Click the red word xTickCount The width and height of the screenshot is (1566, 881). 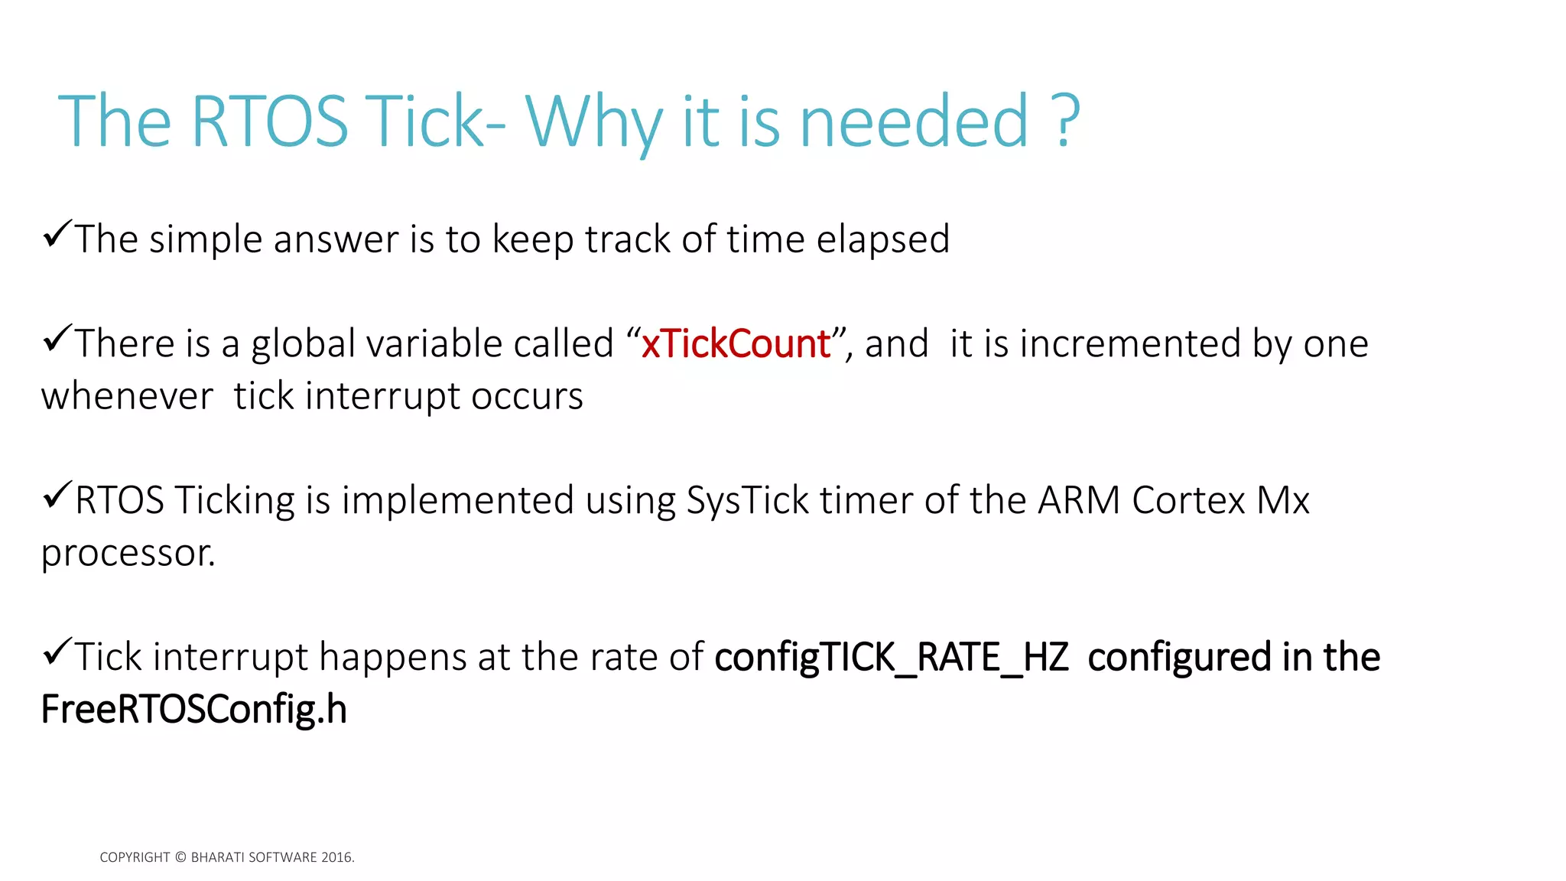click(x=736, y=343)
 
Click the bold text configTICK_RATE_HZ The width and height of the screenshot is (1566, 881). click(x=892, y=658)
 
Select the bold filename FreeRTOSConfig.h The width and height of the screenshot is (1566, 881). click(x=193, y=710)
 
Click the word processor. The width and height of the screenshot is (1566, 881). click(x=128, y=554)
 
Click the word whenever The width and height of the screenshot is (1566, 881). click(x=127, y=396)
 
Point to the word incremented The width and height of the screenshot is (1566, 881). click(x=1129, y=343)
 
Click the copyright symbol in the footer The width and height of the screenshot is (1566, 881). click(x=180, y=857)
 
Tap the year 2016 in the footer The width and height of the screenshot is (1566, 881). click(x=336, y=857)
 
